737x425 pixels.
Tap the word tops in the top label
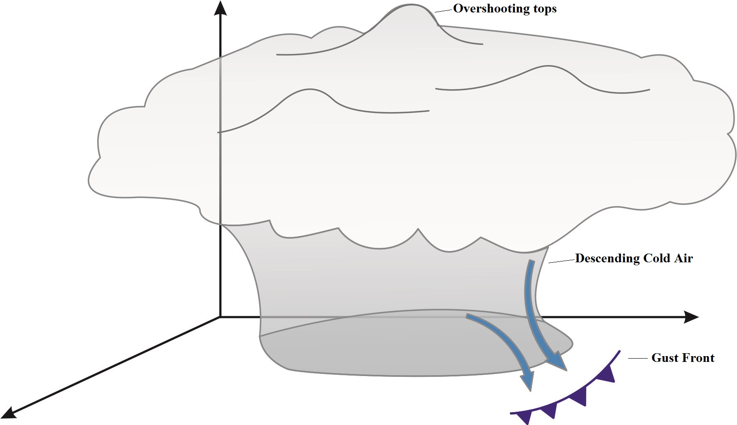pyautogui.click(x=543, y=9)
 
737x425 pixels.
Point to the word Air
pyautogui.click(x=683, y=259)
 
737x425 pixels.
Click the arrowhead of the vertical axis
pyautogui.click(x=220, y=8)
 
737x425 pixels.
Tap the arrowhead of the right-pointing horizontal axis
pyautogui.click(x=691, y=317)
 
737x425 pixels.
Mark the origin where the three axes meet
pyautogui.click(x=220, y=317)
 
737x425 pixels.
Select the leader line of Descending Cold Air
pyautogui.click(x=562, y=261)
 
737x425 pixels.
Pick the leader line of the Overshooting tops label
pyautogui.click(x=443, y=11)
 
